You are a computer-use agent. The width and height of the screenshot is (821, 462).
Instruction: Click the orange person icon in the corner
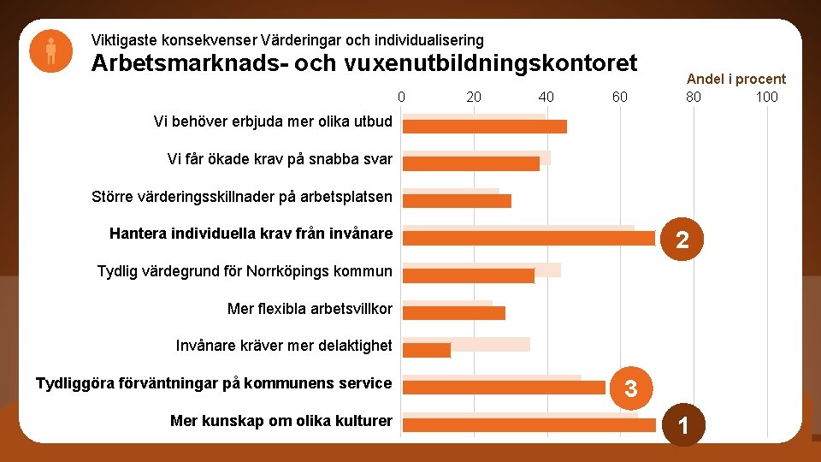tap(50, 50)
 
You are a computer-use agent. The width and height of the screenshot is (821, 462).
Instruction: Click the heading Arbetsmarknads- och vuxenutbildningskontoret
tap(364, 64)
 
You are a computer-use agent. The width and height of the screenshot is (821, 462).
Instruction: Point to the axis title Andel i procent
tap(735, 79)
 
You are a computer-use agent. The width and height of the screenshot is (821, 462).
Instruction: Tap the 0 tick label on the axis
tap(401, 97)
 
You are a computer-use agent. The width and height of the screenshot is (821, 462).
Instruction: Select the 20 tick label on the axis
tap(474, 97)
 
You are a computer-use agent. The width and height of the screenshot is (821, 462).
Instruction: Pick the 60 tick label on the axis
tap(620, 97)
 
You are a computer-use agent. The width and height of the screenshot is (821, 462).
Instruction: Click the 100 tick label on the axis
tap(766, 97)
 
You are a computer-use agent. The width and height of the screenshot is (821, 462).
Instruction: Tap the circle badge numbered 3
tap(631, 389)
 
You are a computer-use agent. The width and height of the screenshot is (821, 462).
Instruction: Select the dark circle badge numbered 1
tap(682, 425)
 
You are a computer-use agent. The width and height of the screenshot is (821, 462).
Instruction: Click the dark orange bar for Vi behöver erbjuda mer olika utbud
tap(485, 127)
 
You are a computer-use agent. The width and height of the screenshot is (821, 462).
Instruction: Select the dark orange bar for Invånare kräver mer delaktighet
tap(427, 350)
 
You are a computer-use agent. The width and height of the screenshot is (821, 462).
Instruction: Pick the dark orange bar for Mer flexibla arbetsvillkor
tap(454, 312)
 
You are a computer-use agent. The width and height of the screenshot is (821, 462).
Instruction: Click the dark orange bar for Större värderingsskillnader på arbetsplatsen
tap(457, 201)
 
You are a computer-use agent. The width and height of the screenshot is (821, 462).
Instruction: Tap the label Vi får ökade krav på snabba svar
tap(280, 158)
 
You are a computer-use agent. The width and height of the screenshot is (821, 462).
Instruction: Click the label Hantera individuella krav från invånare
tap(251, 234)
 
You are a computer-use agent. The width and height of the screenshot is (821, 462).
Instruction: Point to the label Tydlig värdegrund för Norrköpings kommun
tap(245, 271)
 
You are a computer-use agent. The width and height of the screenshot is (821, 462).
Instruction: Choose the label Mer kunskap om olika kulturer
tap(281, 420)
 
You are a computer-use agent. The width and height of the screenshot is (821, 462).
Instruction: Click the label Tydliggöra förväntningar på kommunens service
tap(214, 382)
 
